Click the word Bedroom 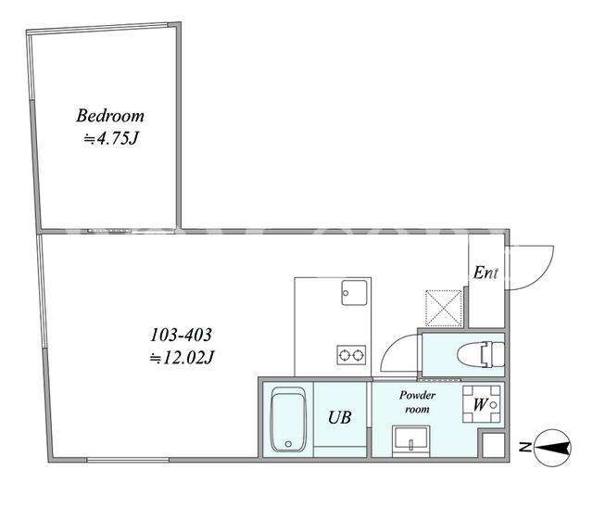pos(110,116)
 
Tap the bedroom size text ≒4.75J pos(110,139)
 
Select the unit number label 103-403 pos(182,335)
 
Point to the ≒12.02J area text pos(183,357)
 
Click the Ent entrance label pos(486,273)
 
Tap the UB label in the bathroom pos(340,417)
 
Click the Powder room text pos(417,402)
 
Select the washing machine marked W pos(482,404)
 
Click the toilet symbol pos(481,354)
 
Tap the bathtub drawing pos(288,419)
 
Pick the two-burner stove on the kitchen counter pos(351,355)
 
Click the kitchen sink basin pos(354,292)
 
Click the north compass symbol pos(553,448)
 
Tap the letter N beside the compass pos(524,448)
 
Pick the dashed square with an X pos(444,308)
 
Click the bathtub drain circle pos(288,444)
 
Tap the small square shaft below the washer pos(494,445)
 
